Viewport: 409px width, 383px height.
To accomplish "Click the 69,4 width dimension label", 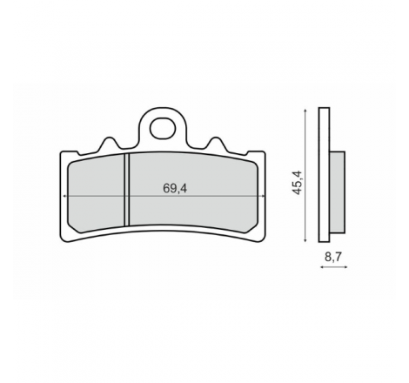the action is [x=175, y=189].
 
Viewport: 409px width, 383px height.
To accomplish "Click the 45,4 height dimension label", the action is [x=298, y=183].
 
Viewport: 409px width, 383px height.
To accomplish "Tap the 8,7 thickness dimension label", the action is [x=333, y=257].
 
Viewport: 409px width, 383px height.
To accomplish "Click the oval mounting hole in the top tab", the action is [x=163, y=128].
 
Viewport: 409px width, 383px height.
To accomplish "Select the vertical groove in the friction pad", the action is [x=126, y=190].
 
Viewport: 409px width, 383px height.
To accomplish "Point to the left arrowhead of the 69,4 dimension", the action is [x=65, y=196].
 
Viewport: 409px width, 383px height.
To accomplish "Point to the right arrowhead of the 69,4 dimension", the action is [x=263, y=196].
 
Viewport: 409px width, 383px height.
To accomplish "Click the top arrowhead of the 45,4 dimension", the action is [x=305, y=111].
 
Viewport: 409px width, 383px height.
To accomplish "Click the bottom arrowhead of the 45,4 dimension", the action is [x=305, y=239].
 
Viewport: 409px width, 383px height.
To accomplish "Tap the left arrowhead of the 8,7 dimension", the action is [x=322, y=267].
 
